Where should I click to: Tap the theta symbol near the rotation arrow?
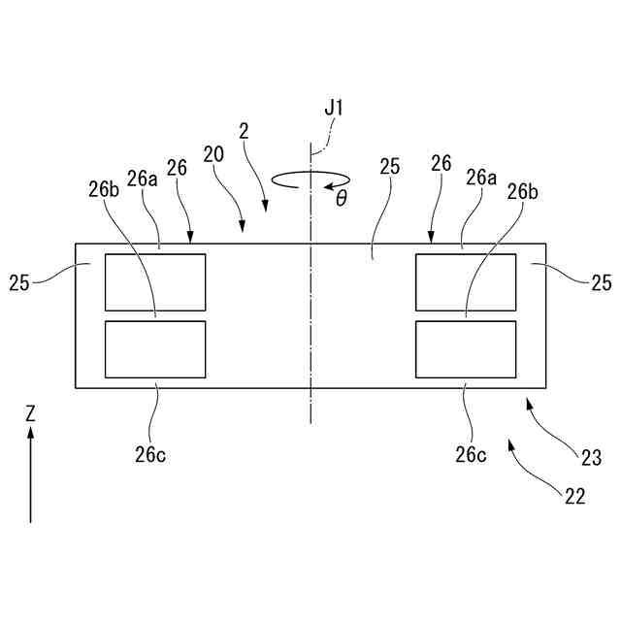[341, 199]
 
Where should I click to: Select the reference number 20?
[213, 153]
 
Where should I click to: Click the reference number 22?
[574, 496]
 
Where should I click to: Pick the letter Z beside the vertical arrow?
[30, 412]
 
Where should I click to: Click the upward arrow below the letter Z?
[30, 475]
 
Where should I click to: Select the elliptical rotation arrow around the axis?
[310, 180]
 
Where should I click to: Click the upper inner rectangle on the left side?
[155, 282]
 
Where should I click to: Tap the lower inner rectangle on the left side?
[155, 349]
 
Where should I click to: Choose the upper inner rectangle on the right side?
[466, 282]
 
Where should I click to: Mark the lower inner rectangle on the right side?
[466, 349]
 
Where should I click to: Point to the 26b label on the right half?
[522, 189]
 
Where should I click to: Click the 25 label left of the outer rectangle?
[19, 282]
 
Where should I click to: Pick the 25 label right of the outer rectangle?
[602, 282]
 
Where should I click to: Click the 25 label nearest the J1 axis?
[389, 166]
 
